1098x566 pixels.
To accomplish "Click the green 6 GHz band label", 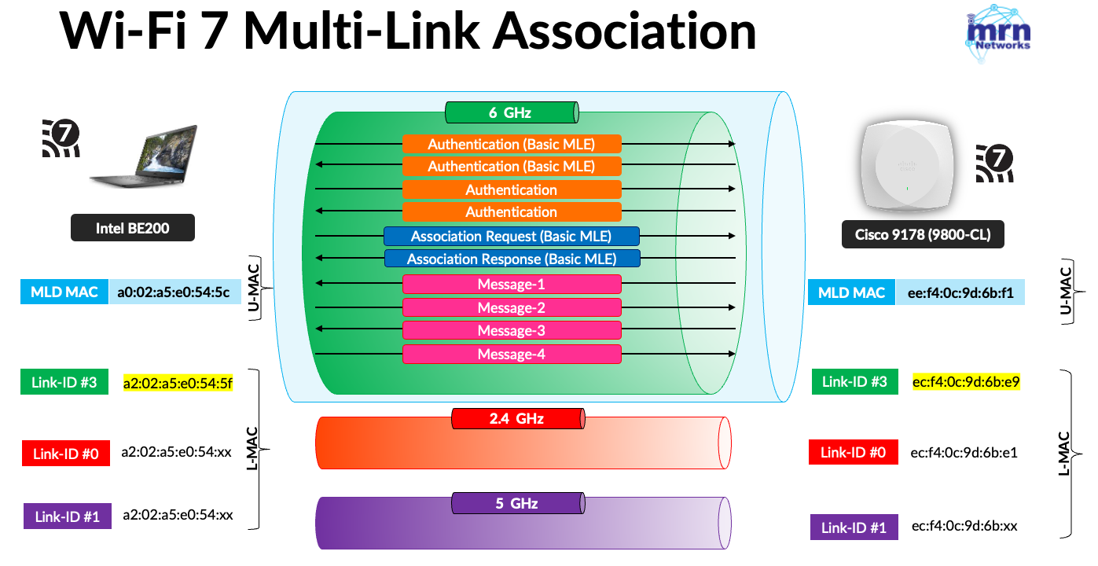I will (511, 112).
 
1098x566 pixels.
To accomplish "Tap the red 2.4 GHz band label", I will (517, 418).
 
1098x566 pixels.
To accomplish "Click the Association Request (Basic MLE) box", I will (511, 237).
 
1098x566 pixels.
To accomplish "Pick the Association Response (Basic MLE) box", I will (512, 259).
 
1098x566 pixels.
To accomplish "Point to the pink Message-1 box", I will (512, 284).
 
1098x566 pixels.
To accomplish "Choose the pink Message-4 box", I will (512, 354).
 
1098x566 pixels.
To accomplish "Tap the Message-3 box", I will (512, 330).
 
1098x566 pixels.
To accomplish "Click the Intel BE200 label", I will (132, 229).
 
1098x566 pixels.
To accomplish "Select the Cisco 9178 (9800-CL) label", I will (922, 233).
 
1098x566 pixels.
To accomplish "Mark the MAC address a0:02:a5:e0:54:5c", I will (173, 292).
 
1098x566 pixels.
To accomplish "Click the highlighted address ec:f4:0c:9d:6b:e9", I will (966, 382).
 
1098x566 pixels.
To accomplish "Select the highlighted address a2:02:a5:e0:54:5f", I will (178, 384).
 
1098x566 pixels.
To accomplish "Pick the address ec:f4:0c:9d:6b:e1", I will (965, 452).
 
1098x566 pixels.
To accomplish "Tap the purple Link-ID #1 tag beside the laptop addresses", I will (66, 516).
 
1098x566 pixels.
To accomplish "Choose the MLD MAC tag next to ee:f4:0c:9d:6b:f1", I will (851, 292).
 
